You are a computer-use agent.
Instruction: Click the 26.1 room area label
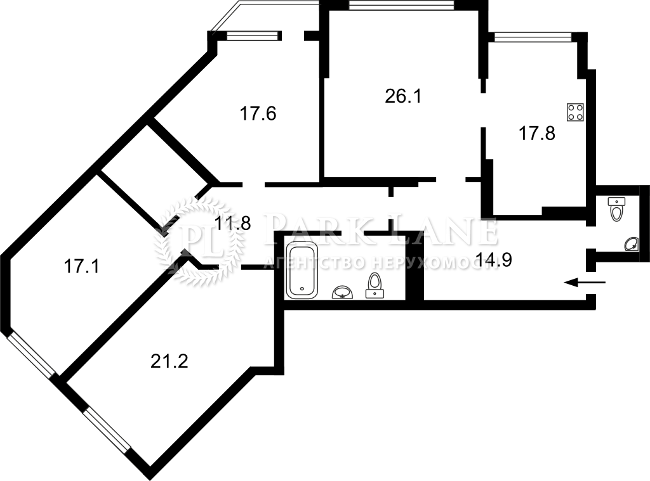click(x=403, y=96)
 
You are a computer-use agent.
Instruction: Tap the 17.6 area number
click(x=258, y=113)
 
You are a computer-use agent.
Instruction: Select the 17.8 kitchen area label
click(x=537, y=134)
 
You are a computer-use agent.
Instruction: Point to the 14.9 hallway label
click(x=494, y=260)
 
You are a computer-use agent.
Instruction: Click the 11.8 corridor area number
click(x=232, y=224)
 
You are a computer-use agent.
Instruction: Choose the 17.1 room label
click(x=81, y=266)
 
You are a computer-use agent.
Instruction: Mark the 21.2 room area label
click(x=169, y=361)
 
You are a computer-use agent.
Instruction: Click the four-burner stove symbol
click(x=576, y=112)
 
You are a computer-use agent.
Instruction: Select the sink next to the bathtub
click(x=342, y=292)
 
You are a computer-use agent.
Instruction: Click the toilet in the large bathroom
click(x=375, y=286)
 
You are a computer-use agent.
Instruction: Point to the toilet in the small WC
click(x=616, y=208)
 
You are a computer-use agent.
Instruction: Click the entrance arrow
click(x=585, y=283)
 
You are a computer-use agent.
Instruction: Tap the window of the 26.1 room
click(x=401, y=5)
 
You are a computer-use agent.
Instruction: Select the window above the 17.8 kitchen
click(x=533, y=37)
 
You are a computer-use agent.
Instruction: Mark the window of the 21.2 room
click(x=107, y=430)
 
